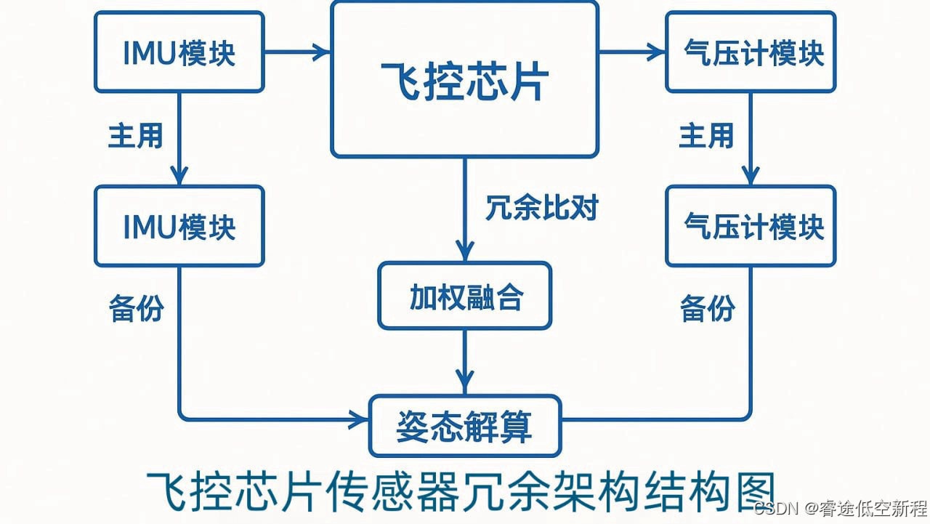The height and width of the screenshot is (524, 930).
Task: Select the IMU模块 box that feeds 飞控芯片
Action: [x=179, y=52]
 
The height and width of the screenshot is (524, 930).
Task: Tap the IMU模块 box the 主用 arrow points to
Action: [x=179, y=226]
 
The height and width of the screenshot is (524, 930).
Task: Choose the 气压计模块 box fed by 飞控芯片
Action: [x=750, y=52]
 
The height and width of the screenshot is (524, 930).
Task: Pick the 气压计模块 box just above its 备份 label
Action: [x=750, y=226]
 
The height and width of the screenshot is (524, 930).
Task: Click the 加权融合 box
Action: [x=464, y=296]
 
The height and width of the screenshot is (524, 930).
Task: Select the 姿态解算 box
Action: [x=465, y=425]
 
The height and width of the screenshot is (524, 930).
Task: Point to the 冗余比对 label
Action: [x=541, y=209]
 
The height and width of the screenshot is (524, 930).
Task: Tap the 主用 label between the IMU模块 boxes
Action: [x=136, y=135]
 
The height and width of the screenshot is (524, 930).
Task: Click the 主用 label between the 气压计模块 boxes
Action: [x=706, y=135]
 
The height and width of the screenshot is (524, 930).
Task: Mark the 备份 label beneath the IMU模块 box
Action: [x=136, y=309]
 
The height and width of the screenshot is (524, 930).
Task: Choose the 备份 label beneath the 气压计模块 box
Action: [x=707, y=309]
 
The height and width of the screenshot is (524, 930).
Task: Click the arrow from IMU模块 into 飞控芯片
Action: [x=298, y=52]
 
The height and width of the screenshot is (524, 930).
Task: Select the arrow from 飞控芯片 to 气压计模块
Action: [x=632, y=52]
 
